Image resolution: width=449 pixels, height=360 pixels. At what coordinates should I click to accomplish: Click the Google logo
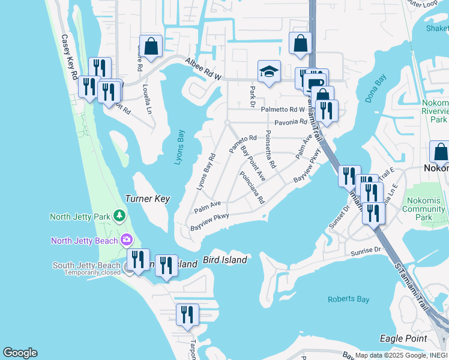[20, 353]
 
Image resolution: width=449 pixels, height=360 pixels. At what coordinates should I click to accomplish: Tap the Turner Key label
[147, 199]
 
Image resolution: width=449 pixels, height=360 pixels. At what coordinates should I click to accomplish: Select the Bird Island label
[225, 260]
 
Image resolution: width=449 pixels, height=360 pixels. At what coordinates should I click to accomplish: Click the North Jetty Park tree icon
[120, 215]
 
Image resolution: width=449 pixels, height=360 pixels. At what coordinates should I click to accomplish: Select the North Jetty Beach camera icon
[127, 241]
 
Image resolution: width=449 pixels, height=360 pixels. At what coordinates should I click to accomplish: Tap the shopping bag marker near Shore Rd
[151, 46]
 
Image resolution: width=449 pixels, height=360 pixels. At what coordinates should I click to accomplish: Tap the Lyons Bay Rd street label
[206, 173]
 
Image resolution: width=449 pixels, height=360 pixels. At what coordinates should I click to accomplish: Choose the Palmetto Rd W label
[283, 109]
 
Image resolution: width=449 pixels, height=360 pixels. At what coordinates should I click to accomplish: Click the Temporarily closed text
[91, 273]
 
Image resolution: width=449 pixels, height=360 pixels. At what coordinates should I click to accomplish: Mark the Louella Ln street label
[148, 98]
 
